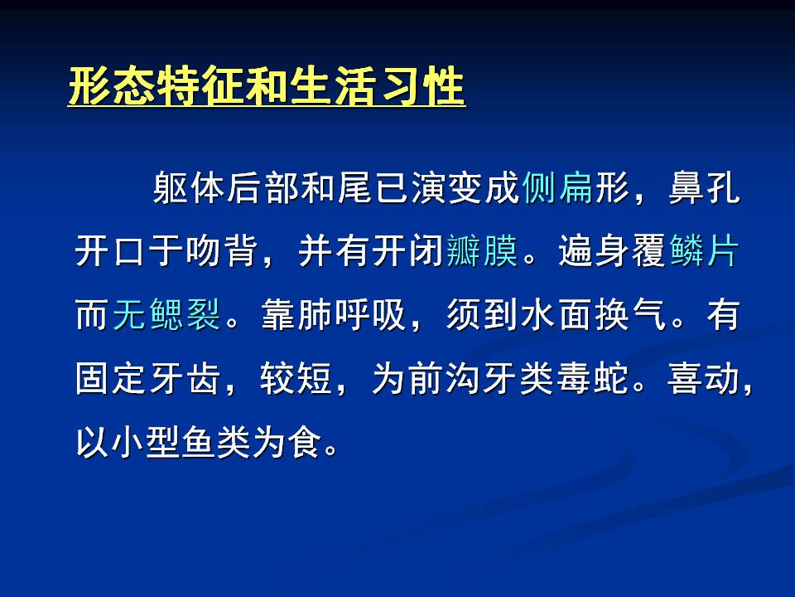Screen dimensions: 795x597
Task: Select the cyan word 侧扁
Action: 557,187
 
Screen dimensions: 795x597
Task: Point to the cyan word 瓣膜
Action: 482,250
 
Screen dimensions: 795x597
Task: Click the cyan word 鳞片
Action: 704,250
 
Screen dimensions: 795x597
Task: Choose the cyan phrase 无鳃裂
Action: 166,315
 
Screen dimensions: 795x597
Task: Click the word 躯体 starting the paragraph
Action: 189,187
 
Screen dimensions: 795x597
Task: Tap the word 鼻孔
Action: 704,187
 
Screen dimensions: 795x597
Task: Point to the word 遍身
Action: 593,250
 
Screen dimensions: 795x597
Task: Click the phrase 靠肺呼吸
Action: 333,315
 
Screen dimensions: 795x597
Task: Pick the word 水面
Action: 556,315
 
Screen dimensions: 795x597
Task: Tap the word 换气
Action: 630,315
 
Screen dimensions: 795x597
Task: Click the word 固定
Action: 112,379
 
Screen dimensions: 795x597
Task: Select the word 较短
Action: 296,379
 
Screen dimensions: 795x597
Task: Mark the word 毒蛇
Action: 593,379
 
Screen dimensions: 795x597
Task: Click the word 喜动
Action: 704,379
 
